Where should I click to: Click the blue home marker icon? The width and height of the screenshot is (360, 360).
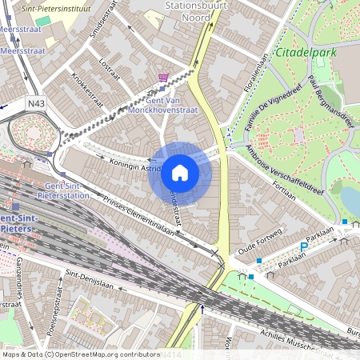click(x=179, y=172)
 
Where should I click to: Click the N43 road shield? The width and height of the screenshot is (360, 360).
click(x=36, y=102)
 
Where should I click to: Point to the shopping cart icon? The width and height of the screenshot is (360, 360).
click(x=164, y=78)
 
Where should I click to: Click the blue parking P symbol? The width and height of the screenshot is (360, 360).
click(x=303, y=248)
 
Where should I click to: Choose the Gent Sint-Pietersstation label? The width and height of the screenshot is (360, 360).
click(x=62, y=190)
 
